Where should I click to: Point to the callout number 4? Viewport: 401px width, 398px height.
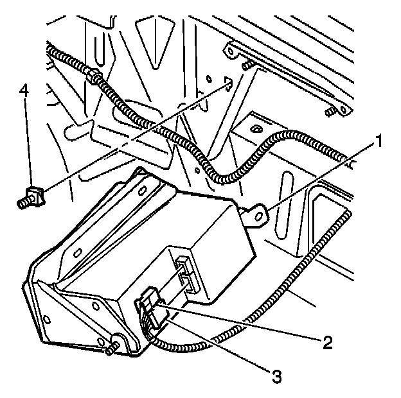tap(24, 90)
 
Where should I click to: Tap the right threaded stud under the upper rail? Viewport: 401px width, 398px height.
tap(329, 112)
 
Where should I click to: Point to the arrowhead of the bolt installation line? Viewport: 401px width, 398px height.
tap(227, 82)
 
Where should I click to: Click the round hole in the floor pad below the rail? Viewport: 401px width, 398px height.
tap(256, 131)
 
